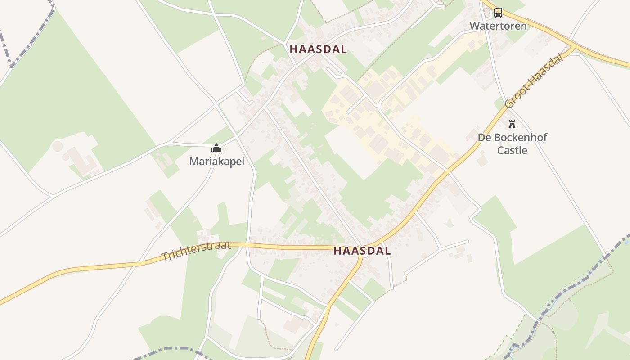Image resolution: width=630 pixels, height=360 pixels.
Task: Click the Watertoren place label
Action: point(498,26)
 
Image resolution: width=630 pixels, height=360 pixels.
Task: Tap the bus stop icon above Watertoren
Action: point(498,12)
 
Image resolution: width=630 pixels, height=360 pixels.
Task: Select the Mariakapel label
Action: point(216,161)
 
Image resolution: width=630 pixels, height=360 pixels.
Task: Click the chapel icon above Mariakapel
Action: point(216,148)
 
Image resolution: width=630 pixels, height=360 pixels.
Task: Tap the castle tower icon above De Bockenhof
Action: point(512,124)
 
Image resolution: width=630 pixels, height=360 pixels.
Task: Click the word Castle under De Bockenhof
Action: point(512,150)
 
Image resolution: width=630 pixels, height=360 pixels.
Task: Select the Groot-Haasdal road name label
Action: point(534,81)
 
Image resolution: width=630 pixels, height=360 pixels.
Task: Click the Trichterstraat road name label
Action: point(196,251)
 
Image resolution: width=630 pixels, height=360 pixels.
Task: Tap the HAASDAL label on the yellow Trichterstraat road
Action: point(362,251)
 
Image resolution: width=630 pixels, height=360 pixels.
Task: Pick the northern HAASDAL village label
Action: point(318,49)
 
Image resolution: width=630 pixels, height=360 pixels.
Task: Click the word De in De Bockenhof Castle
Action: point(484,137)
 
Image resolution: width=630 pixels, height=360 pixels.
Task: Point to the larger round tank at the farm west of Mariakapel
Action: point(58,146)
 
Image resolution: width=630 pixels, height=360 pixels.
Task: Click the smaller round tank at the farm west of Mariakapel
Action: point(66,157)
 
